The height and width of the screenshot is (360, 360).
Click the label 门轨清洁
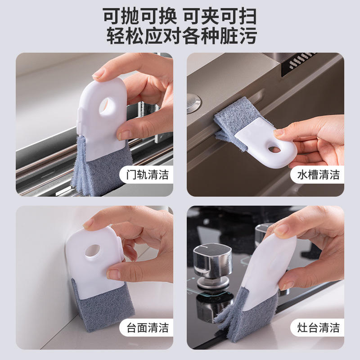click(x=148, y=175)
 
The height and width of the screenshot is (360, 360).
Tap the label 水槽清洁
click(x=318, y=175)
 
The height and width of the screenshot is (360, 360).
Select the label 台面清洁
click(x=148, y=328)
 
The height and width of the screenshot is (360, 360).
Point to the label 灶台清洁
click(x=318, y=328)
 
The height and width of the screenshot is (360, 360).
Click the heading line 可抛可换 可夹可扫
click(x=180, y=16)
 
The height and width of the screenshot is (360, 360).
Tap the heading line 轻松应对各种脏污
click(x=182, y=36)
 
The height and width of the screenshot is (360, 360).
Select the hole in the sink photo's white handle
click(x=274, y=150)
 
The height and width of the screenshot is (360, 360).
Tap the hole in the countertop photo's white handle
click(x=93, y=251)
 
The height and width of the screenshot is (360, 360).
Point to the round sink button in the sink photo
click(x=193, y=103)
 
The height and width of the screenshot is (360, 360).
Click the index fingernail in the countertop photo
click(x=88, y=223)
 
